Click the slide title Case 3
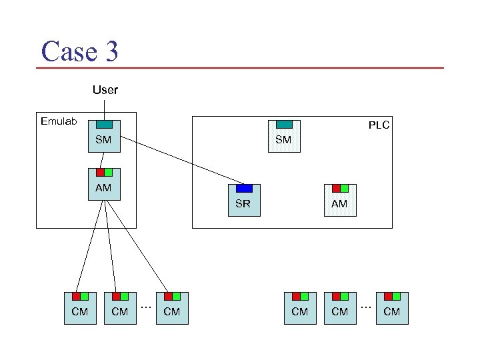79,51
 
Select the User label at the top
105,89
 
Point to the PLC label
379,125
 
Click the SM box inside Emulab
103,137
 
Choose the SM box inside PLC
283,137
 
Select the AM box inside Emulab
103,185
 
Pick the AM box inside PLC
339,201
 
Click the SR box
243,201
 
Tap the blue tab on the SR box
244,188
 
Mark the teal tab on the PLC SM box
284,124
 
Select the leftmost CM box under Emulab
80,309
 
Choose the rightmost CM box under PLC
392,309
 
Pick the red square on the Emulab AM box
100,172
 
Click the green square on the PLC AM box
344,188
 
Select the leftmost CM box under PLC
300,309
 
